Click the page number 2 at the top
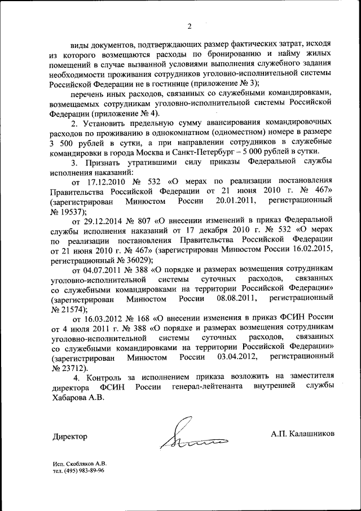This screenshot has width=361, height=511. pyautogui.click(x=190, y=25)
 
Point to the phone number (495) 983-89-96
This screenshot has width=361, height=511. pyautogui.click(x=83, y=470)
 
